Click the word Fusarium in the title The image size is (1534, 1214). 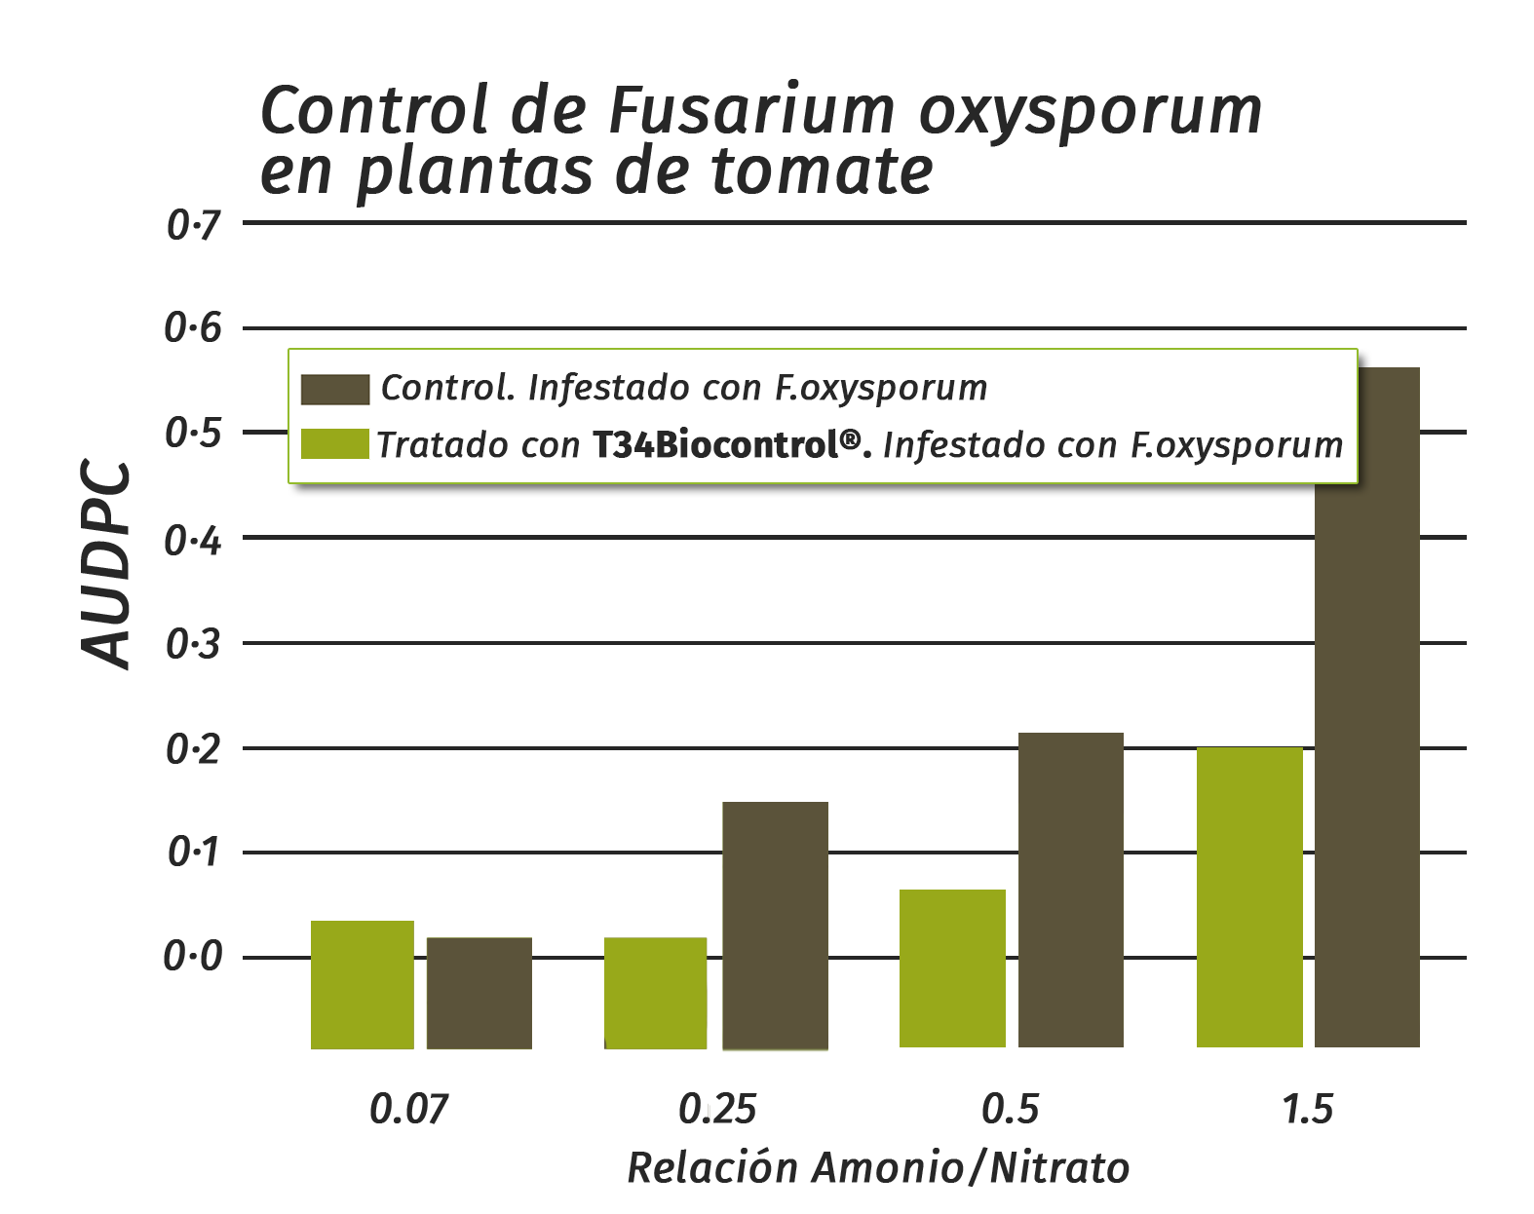point(750,109)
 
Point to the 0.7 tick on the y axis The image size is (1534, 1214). point(194,226)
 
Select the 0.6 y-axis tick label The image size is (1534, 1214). point(194,328)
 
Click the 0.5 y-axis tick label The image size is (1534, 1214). point(194,433)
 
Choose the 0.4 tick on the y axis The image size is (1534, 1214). point(194,539)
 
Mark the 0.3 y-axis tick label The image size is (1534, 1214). point(194,644)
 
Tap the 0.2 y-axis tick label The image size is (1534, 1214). point(194,749)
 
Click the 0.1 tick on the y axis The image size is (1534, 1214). point(194,853)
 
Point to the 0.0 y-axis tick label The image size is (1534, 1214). point(194,958)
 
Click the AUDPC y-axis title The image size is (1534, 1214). point(104,564)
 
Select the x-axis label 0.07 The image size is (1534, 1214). point(409,1109)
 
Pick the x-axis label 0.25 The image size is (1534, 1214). point(717,1109)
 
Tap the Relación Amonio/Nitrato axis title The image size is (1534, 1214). point(877,1167)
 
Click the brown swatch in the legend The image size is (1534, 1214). point(334,389)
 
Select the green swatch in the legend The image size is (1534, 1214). point(334,444)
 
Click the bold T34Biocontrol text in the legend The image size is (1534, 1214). point(727,445)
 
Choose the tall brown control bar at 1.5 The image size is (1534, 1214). point(1366,760)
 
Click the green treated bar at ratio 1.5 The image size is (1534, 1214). point(1249,896)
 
